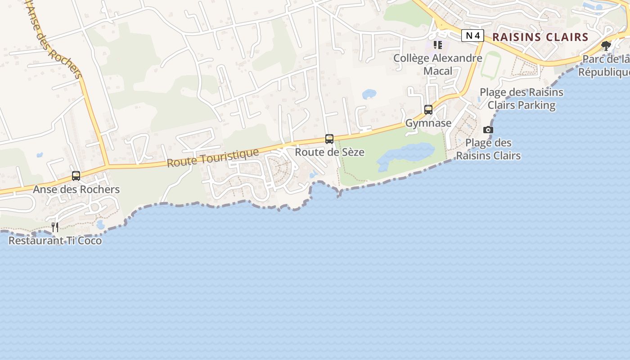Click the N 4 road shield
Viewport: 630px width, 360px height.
[472, 36]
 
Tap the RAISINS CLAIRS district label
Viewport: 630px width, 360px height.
[540, 37]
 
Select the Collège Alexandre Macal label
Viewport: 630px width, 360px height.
[437, 64]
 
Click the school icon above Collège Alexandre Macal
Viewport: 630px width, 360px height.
[438, 45]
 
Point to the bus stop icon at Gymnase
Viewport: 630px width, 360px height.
[428, 110]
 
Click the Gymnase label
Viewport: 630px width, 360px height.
[428, 123]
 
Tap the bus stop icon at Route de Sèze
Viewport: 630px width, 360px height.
[329, 139]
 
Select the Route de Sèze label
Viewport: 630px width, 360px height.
[329, 152]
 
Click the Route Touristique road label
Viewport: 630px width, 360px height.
[213, 158]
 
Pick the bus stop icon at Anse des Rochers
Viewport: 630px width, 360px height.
[76, 176]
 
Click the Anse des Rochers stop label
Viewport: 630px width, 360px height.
[76, 189]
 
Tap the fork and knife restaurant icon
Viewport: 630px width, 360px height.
[55, 227]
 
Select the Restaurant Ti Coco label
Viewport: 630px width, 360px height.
[55, 241]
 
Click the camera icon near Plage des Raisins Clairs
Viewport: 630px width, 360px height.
[488, 130]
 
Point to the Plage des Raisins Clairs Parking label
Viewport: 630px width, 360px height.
[522, 99]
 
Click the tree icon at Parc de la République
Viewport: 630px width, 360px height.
[606, 45]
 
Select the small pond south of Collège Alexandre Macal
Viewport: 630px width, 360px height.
[369, 94]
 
